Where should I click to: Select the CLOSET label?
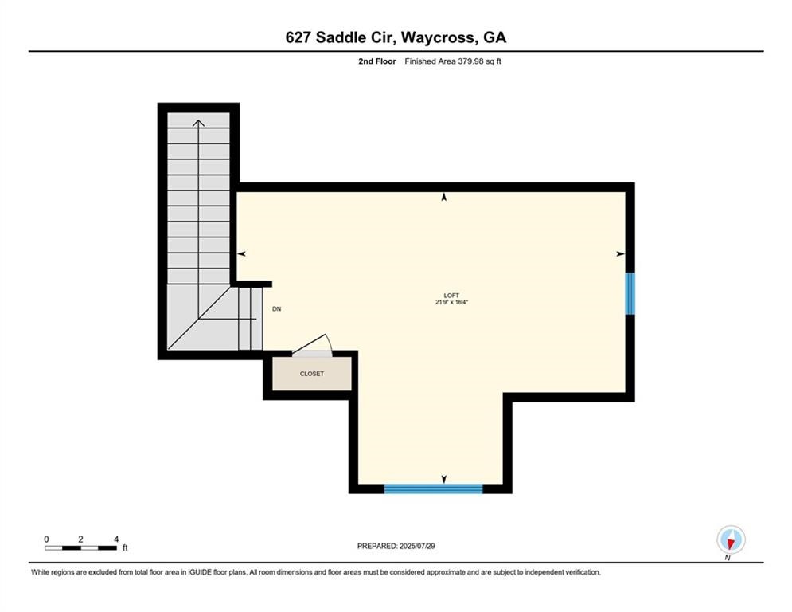311,374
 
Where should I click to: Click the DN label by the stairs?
277,308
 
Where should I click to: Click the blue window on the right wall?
630,293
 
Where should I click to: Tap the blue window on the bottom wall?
433,488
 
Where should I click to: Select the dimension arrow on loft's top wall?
443,196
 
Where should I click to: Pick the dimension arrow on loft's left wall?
242,253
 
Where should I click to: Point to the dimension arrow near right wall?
620,253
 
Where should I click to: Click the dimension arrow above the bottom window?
443,479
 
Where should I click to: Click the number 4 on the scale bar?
116,539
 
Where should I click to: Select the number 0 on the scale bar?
46,539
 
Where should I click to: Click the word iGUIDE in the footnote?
217,572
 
